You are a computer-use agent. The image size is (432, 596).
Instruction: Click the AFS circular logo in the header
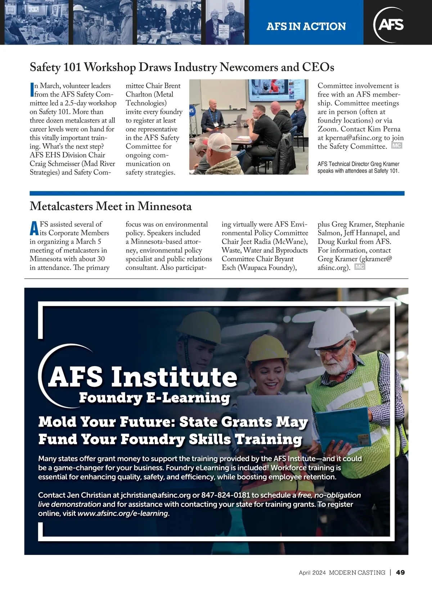(x=390, y=24)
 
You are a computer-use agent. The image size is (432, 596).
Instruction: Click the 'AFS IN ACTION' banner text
(x=306, y=26)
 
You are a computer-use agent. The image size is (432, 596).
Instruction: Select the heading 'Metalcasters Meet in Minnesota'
(x=111, y=206)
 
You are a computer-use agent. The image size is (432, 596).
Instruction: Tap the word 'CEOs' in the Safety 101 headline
(x=318, y=67)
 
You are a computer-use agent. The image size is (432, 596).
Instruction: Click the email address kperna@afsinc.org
(x=354, y=138)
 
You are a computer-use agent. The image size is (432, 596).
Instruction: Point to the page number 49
(x=400, y=572)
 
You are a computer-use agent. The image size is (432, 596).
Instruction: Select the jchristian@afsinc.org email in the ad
(x=156, y=495)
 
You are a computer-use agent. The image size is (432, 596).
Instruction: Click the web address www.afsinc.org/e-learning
(x=123, y=514)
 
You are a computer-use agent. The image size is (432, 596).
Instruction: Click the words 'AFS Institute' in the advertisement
(x=143, y=377)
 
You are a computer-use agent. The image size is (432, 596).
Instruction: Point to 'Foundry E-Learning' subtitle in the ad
(x=154, y=398)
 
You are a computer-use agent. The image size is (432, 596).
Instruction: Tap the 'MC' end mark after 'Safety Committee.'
(x=396, y=146)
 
